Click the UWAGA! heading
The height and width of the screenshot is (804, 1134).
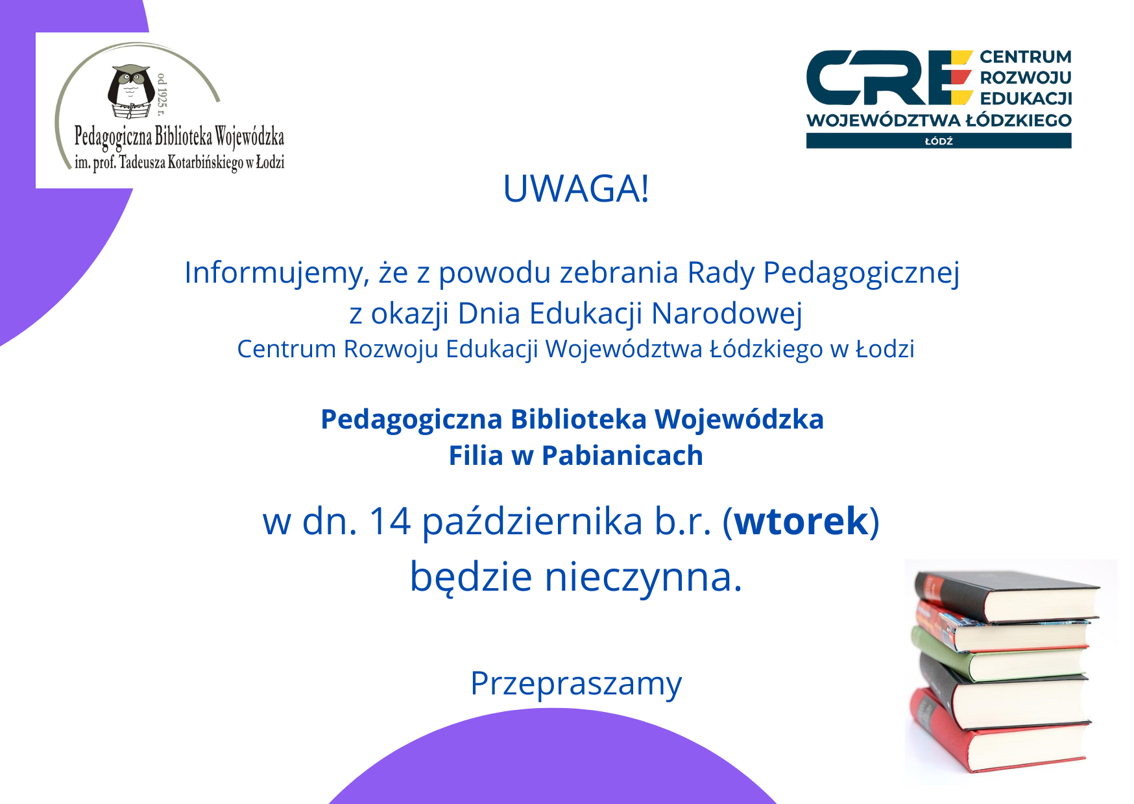(x=576, y=189)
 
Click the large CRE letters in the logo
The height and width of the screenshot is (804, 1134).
(x=889, y=78)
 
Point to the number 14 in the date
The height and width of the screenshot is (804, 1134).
(x=390, y=521)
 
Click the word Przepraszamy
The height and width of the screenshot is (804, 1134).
(x=576, y=684)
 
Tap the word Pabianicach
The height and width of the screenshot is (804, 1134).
(x=622, y=455)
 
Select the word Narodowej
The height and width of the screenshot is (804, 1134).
(x=727, y=313)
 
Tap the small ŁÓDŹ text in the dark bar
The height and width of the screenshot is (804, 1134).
(x=939, y=141)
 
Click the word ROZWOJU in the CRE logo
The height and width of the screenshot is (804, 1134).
(x=1026, y=78)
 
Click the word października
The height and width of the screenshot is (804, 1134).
(x=533, y=521)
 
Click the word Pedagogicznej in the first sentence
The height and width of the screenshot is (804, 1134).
(x=861, y=273)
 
